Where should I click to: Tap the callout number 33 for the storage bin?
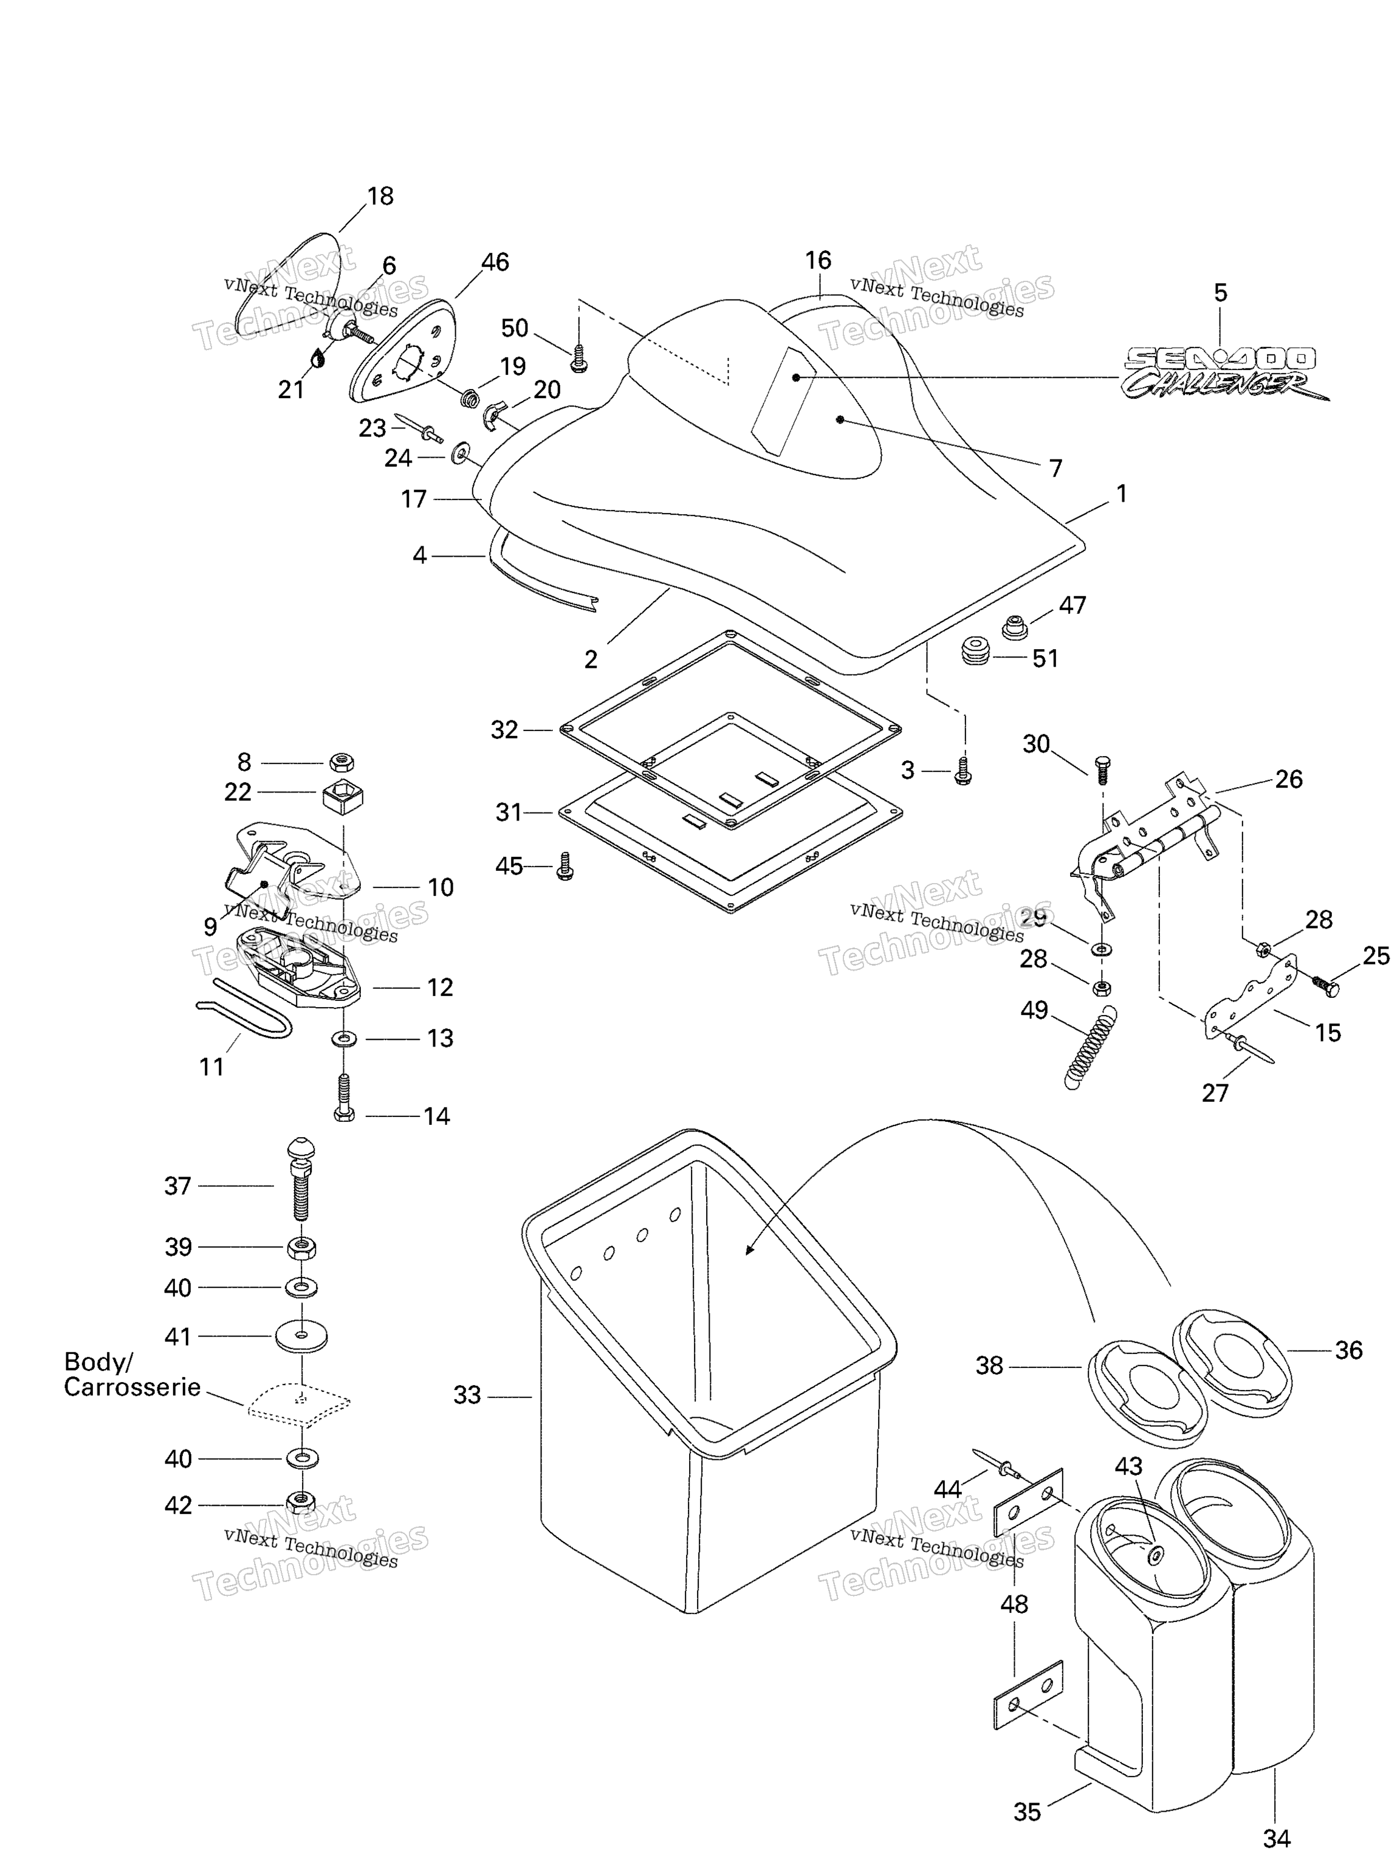pos(467,1395)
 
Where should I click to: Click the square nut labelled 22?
pos(343,797)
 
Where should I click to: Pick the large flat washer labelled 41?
pos(301,1336)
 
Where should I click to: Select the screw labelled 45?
pos(565,866)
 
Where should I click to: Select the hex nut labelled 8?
pos(341,763)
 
